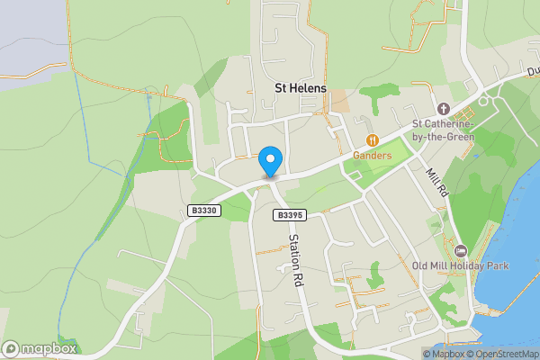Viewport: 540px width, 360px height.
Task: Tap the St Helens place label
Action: pos(301,88)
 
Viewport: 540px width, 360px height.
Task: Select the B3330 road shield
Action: pos(203,210)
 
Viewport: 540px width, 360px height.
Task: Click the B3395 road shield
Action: pos(290,215)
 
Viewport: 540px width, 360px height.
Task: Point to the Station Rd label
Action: pos(294,261)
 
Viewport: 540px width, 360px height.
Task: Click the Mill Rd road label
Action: pos(436,182)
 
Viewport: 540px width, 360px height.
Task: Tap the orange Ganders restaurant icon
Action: pos(373,139)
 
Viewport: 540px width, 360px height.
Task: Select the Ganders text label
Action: pos(373,155)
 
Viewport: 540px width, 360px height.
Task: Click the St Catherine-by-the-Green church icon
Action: pos(443,108)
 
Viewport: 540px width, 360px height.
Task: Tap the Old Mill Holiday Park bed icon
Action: pos(461,250)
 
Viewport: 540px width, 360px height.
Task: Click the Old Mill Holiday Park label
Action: pos(460,266)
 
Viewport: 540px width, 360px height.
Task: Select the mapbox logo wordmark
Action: pos(50,349)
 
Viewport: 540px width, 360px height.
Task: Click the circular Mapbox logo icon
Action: pos(12,349)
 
